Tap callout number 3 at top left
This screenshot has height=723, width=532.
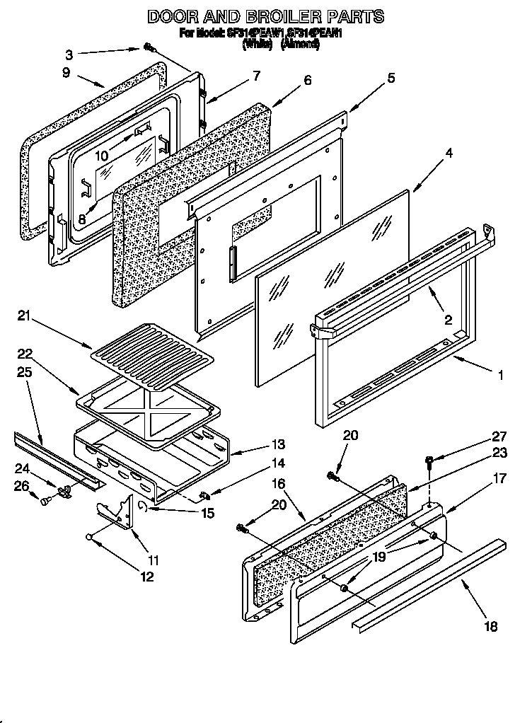point(69,54)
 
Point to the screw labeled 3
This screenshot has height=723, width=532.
point(150,47)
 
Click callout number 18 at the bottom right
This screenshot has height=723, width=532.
point(490,626)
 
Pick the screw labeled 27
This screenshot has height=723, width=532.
point(430,461)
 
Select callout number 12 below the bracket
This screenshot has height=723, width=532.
point(146,577)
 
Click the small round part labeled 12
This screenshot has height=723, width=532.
point(91,537)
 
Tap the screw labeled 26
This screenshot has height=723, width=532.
point(45,501)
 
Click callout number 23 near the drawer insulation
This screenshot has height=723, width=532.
point(499,453)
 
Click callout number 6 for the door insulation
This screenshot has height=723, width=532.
point(307,80)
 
